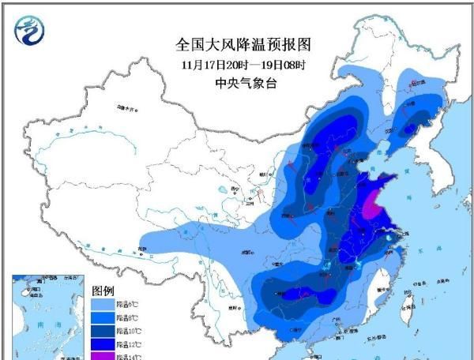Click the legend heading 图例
104,290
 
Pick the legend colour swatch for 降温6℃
103,303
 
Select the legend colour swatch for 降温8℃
103,317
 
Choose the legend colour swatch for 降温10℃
103,330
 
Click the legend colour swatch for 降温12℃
103,343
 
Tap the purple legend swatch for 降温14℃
103,355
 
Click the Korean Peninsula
431,178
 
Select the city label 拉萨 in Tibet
142,249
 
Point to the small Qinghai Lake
235,189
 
